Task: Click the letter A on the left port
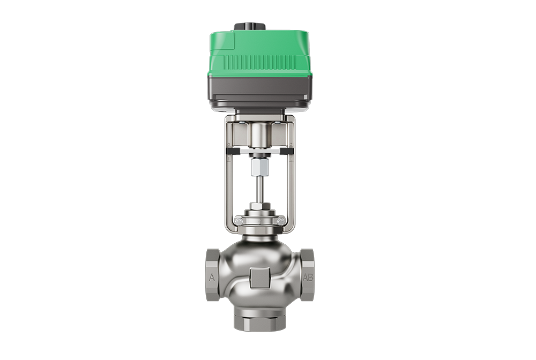coord(212,277)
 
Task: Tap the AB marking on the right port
coord(308,277)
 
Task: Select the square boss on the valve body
coord(259,278)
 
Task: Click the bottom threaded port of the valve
coord(259,321)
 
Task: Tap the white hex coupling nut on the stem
coord(259,168)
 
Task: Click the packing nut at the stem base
coord(259,206)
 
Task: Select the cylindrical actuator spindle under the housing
coord(259,134)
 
